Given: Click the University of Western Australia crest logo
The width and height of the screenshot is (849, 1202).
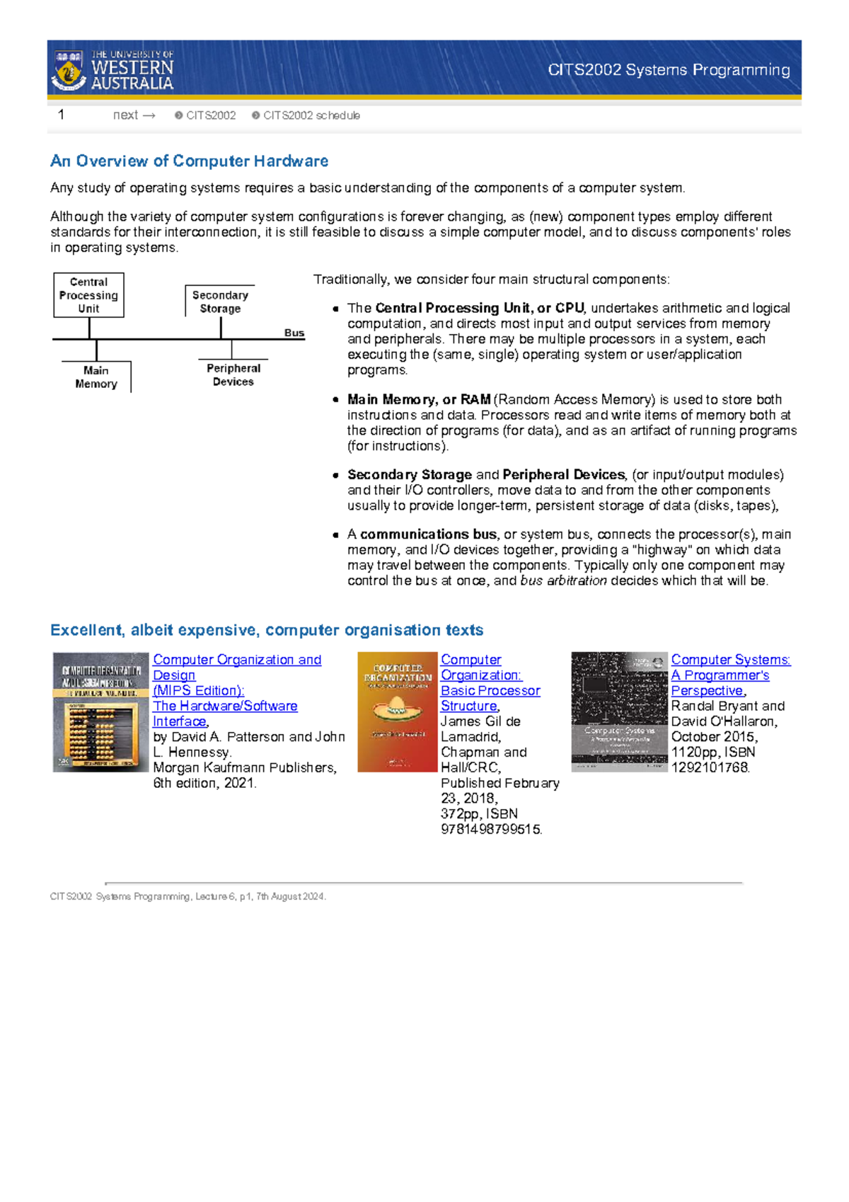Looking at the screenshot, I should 69,69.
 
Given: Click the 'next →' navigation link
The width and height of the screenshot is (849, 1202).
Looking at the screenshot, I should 134,115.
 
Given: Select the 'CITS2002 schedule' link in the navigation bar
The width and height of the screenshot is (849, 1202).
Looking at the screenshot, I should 311,115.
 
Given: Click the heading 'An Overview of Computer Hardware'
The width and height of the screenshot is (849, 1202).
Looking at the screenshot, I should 189,161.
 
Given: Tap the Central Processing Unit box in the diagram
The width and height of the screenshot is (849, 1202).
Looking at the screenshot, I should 89,295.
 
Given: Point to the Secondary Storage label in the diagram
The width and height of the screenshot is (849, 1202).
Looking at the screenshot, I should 220,302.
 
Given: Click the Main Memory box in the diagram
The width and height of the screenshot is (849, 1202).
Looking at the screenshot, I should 96,377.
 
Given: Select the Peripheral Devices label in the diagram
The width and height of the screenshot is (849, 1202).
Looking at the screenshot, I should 233,374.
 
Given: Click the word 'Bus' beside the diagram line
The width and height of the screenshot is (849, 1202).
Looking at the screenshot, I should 294,333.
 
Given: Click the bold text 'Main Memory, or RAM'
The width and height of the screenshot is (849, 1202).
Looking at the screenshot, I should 419,399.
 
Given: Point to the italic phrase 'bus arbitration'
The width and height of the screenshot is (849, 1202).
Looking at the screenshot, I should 563,580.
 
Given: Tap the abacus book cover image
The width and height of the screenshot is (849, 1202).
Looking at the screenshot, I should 100,712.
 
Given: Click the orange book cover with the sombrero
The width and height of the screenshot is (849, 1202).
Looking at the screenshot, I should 397,712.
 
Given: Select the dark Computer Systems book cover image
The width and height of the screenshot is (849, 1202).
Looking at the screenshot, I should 619,712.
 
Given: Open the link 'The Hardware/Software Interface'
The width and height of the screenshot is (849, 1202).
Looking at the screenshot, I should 225,706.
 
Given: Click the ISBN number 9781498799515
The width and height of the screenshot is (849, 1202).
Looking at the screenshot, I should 490,829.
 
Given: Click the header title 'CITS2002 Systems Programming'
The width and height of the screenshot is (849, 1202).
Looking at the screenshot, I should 669,69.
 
